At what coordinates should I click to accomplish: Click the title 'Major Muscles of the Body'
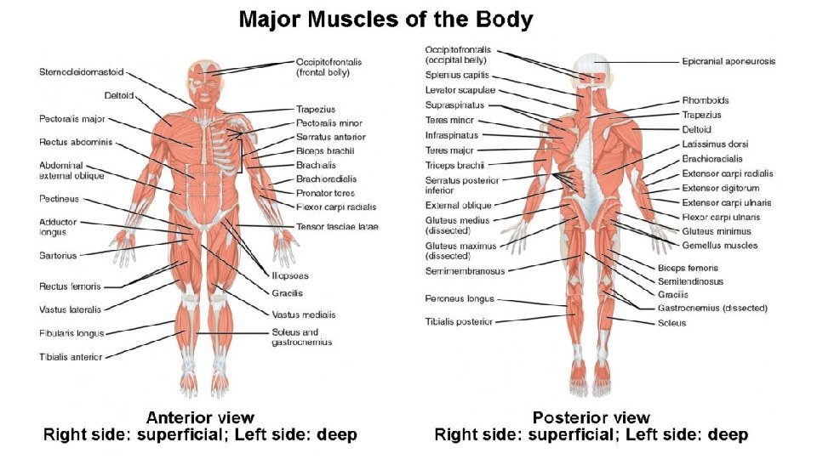[x=386, y=19]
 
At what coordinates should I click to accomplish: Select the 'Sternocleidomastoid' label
[x=81, y=72]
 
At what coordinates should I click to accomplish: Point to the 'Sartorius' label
[x=58, y=255]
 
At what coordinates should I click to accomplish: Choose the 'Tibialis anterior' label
[x=71, y=357]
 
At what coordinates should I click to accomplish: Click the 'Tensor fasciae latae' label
[x=337, y=226]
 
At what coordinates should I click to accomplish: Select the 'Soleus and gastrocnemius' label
[x=302, y=337]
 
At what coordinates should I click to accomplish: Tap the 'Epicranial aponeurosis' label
[x=728, y=61]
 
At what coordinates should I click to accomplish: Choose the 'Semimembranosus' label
[x=466, y=271]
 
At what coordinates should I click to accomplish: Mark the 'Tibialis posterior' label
[x=459, y=321]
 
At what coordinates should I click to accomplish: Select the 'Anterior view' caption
[x=200, y=417]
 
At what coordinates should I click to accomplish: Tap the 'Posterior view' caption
[x=591, y=417]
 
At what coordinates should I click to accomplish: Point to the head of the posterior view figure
[x=592, y=70]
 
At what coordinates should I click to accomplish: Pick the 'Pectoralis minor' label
[x=329, y=123]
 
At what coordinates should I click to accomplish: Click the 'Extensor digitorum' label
[x=721, y=188]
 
